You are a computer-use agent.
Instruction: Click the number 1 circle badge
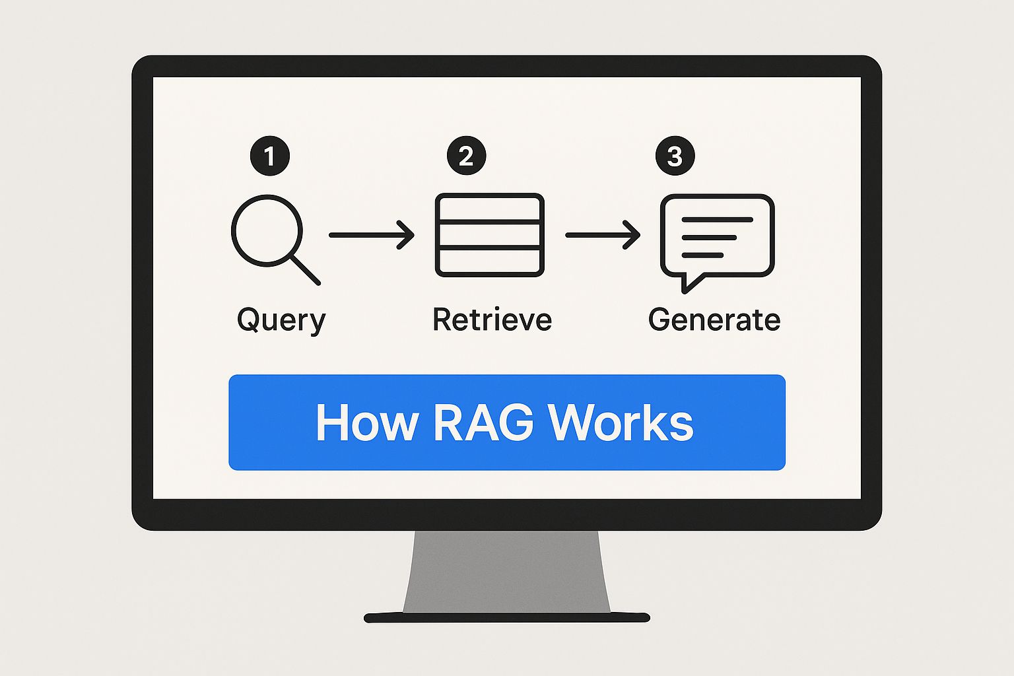(269, 156)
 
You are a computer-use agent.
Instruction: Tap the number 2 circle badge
(466, 156)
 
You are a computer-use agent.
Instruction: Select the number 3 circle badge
(675, 156)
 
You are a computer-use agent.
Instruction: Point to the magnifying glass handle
(305, 269)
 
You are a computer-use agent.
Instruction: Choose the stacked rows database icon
(489, 235)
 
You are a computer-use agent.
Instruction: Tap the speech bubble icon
(717, 236)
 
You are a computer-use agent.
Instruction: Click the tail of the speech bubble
(689, 283)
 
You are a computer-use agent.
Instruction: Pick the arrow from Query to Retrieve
(371, 235)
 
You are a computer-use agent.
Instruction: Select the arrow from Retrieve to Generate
(603, 235)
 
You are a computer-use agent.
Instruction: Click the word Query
(281, 321)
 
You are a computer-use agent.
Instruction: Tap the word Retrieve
(492, 320)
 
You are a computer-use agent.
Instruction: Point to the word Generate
(714, 320)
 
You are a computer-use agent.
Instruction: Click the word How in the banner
(366, 422)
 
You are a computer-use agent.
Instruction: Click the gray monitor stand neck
(506, 571)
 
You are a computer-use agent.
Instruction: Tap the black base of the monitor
(506, 618)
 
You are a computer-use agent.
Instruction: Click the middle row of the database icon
(489, 235)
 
